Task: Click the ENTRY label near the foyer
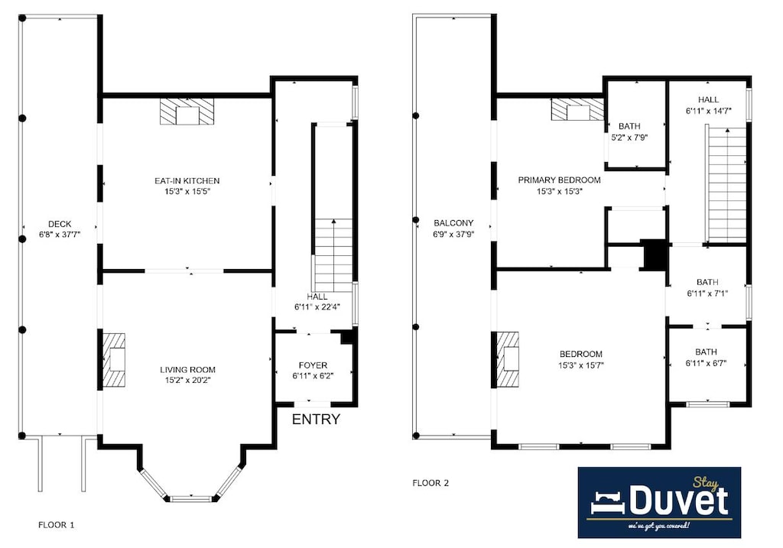(316, 420)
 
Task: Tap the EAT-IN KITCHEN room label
(187, 180)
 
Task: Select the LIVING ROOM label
(188, 370)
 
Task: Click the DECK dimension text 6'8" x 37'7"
(60, 234)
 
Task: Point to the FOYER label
(313, 365)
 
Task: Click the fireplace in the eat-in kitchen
(187, 112)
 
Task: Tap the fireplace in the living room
(114, 359)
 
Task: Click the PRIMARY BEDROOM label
(559, 180)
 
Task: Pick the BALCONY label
(453, 223)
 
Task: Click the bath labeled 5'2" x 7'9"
(629, 131)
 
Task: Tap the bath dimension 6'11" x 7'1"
(707, 293)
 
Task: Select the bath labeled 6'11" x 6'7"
(706, 358)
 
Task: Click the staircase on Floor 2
(727, 184)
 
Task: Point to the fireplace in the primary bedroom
(578, 109)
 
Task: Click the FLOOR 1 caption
(57, 524)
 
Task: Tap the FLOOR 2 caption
(430, 482)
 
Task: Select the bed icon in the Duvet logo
(608, 502)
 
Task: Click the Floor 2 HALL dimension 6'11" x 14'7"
(709, 111)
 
